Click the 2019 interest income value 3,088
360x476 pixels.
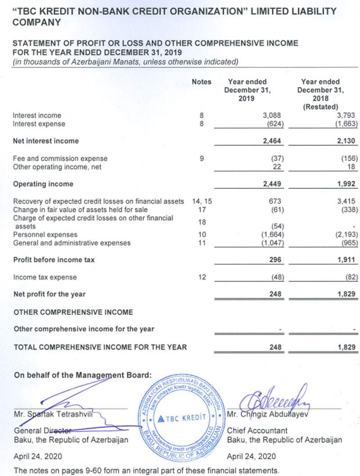pyautogui.click(x=272, y=116)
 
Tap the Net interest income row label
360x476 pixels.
pyautogui.click(x=46, y=141)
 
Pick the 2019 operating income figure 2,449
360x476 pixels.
pyautogui.click(x=271, y=184)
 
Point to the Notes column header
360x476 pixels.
pyautogui.click(x=202, y=82)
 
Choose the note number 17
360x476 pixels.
pyautogui.click(x=202, y=209)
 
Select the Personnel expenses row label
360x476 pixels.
pyautogui.click(x=45, y=235)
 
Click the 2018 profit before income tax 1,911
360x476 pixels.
pyautogui.click(x=346, y=260)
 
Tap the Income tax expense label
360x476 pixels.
pyautogui.click(x=45, y=277)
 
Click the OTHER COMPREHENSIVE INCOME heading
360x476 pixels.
pyautogui.click(x=74, y=312)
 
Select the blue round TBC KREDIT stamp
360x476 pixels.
pyautogui.click(x=183, y=417)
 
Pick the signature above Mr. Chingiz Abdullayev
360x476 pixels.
pyautogui.click(x=274, y=399)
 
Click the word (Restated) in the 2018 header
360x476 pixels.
pyautogui.click(x=320, y=107)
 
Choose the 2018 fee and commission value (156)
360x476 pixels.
pyautogui.click(x=349, y=159)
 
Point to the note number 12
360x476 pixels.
pyautogui.click(x=202, y=277)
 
